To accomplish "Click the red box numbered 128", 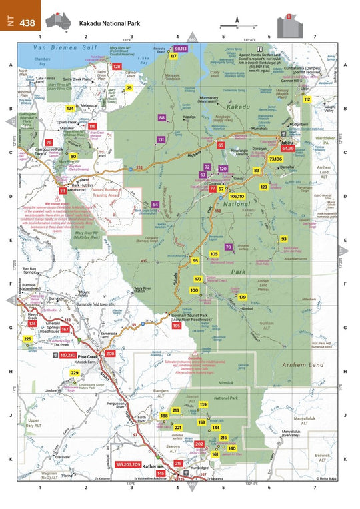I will pos(117,67).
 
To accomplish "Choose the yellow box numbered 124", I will pos(70,108).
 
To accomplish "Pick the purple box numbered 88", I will pos(162,117).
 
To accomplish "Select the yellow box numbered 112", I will pos(307,99).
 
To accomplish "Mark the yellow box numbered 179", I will pos(243,297).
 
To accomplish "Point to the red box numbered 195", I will pos(177,326).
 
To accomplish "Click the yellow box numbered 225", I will pos(27,339).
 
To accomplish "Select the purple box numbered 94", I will pos(155,204).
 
